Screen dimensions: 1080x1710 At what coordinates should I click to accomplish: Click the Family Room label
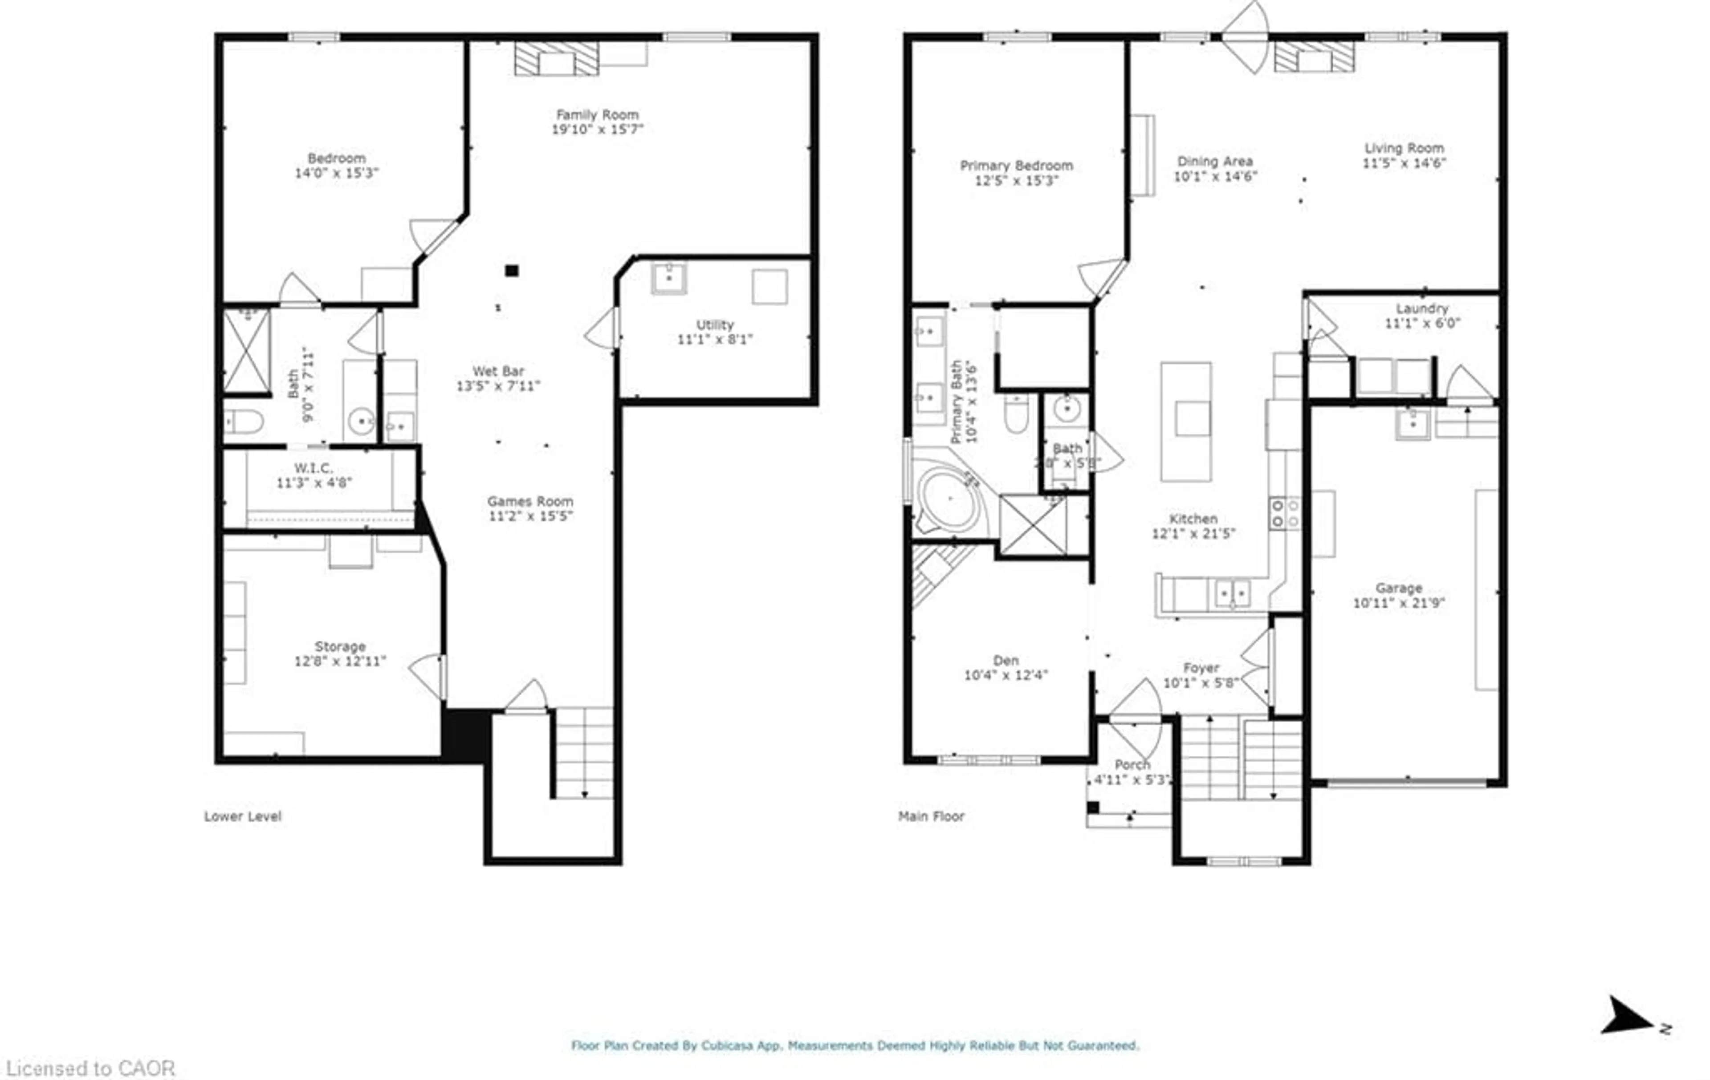(597, 114)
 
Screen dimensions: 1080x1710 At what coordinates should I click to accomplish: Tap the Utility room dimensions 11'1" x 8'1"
(714, 339)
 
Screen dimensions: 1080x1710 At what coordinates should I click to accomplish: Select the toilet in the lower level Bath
(244, 422)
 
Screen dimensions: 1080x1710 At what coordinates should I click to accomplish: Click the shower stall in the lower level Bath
(246, 351)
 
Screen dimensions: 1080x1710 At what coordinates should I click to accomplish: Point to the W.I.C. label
(313, 468)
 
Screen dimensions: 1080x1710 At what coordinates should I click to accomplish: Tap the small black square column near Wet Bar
(511, 271)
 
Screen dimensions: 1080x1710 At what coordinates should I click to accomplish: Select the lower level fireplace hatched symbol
(556, 58)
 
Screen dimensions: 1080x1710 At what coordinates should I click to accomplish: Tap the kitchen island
(1186, 422)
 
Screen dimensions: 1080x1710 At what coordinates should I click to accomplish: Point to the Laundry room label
(1422, 308)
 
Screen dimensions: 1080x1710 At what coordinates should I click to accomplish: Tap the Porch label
(1132, 765)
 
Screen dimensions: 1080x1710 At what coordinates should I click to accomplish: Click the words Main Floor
(931, 816)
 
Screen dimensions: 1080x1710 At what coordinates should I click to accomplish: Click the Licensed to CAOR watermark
(90, 1068)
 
